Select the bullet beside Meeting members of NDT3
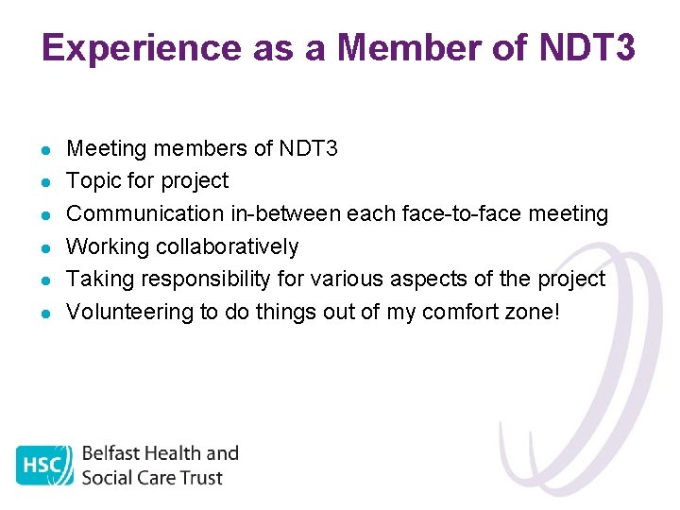pos(45,149)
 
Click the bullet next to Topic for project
pos(45,181)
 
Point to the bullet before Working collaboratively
pos(45,247)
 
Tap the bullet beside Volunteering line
pos(45,313)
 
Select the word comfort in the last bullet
pos(459,312)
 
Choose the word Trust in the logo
pos(201,477)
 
